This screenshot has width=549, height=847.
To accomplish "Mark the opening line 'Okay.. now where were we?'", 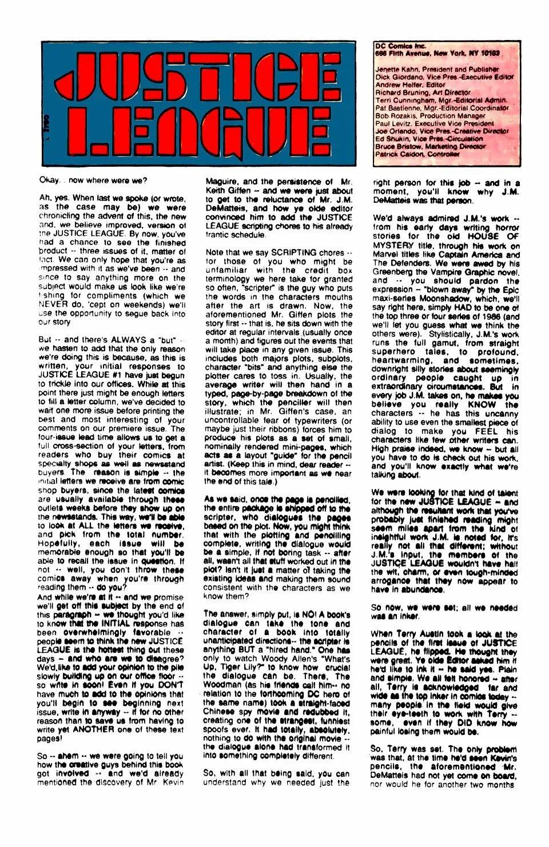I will click(x=93, y=180).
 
